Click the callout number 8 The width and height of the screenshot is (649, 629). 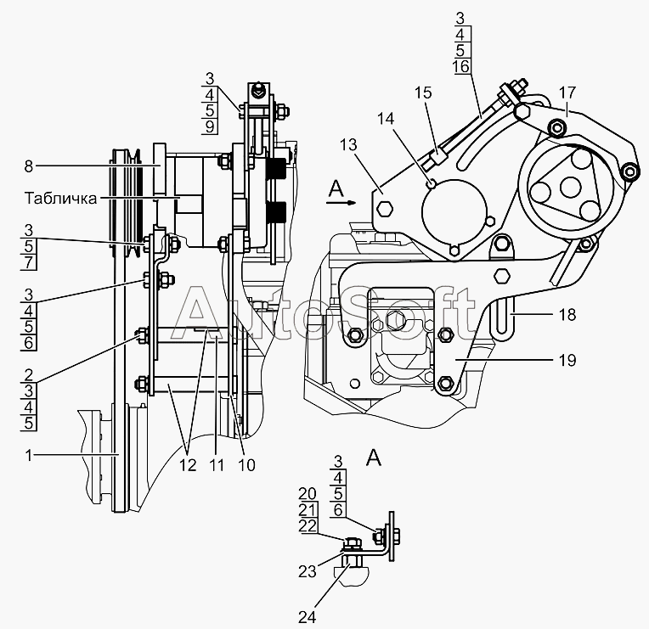(28, 166)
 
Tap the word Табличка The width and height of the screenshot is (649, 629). (61, 198)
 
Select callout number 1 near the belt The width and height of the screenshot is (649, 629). (29, 455)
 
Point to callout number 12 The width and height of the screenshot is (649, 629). (188, 465)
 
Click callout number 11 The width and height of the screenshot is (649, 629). (217, 465)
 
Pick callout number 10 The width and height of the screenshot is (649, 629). (246, 465)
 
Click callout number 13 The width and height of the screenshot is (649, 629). (348, 145)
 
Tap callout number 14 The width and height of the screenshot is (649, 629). (386, 119)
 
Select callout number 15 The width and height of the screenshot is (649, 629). (423, 93)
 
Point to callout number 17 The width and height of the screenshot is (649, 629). (567, 93)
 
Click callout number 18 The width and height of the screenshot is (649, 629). (567, 315)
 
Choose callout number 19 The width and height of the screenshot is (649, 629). (567, 360)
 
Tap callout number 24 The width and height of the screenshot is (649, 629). (308, 617)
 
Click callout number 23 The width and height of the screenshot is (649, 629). (308, 572)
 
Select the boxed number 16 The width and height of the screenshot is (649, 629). (461, 66)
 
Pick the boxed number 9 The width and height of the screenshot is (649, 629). (210, 126)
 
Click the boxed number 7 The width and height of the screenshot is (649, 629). (29, 262)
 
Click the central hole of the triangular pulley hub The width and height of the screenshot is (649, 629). (568, 187)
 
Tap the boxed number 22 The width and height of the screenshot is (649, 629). (308, 525)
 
